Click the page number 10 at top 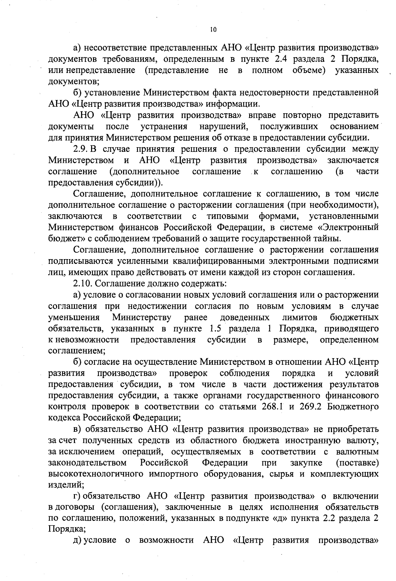coord(213,30)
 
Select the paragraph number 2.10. coord(82,284)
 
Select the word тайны coord(327,239)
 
